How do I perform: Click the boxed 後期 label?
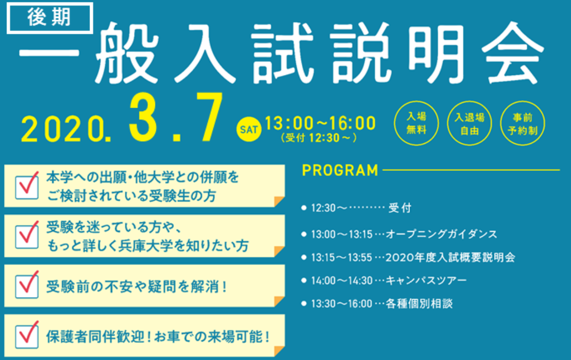tap(49, 18)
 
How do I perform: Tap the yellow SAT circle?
tap(249, 130)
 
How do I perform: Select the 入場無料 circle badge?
tap(416, 123)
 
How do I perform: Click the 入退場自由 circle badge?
tap(469, 123)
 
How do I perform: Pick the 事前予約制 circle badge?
tap(523, 123)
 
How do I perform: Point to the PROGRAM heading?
tap(340, 170)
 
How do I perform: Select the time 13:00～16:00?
tap(320, 123)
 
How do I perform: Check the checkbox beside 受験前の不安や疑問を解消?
tap(27, 285)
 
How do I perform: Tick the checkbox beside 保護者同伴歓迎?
tap(27, 335)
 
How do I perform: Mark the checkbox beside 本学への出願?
tap(27, 186)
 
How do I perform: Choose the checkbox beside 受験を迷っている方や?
tap(27, 235)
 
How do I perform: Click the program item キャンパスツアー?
tap(426, 280)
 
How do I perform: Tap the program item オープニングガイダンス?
tap(441, 234)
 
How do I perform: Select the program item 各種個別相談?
tap(419, 304)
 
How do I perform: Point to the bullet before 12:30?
tap(304, 208)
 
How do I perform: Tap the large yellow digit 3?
tap(143, 117)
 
